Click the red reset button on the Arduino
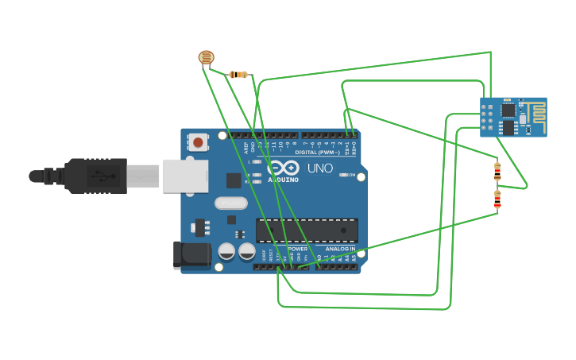coord(197,142)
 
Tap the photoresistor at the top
coord(206,57)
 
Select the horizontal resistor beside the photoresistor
coord(238,75)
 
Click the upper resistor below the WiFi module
coord(497,170)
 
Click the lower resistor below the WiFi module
coord(497,199)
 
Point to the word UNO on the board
coord(319,168)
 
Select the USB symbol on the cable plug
coord(100,176)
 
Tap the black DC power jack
coord(191,254)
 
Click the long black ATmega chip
coord(307,230)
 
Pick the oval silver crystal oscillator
coord(231,203)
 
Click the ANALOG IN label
coord(340,249)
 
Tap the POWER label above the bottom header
coord(297,249)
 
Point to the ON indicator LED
coord(345,175)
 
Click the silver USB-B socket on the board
coord(184,176)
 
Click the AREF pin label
coord(245,147)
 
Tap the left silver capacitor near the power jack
coord(226,252)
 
